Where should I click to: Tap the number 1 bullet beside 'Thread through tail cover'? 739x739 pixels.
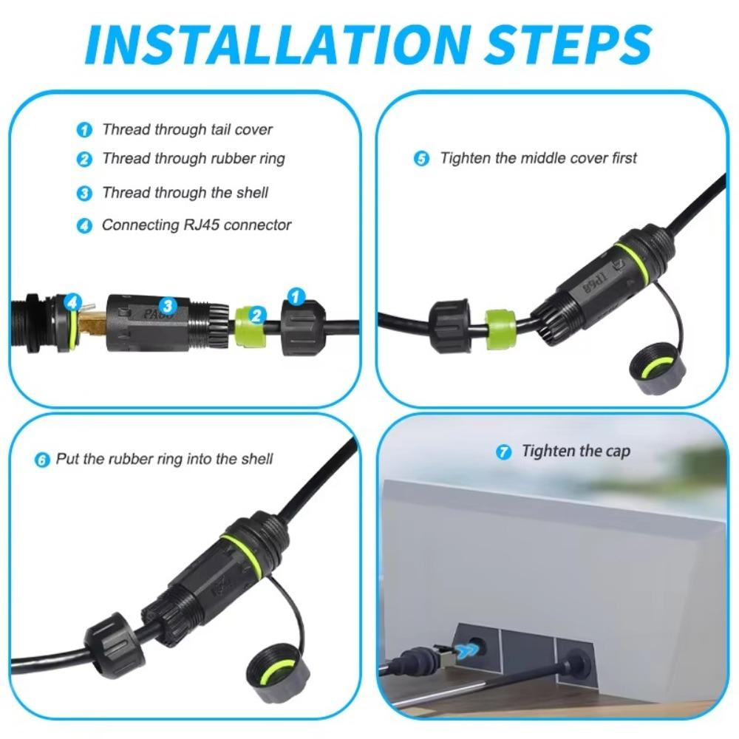[x=85, y=131]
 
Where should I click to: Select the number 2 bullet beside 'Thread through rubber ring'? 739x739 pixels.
[x=85, y=159]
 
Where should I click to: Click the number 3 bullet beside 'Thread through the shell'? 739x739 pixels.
[x=85, y=194]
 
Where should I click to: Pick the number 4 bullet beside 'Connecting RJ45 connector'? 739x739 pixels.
[x=85, y=226]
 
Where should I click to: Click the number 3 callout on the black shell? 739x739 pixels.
[x=168, y=305]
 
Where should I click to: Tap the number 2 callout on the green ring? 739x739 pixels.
[x=256, y=316]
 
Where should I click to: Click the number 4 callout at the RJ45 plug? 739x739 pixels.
[x=72, y=302]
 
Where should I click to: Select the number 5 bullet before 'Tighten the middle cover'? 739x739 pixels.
[x=421, y=159]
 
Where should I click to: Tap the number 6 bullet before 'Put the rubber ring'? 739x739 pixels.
[x=42, y=460]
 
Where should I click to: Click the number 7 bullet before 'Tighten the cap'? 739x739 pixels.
[x=505, y=452]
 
